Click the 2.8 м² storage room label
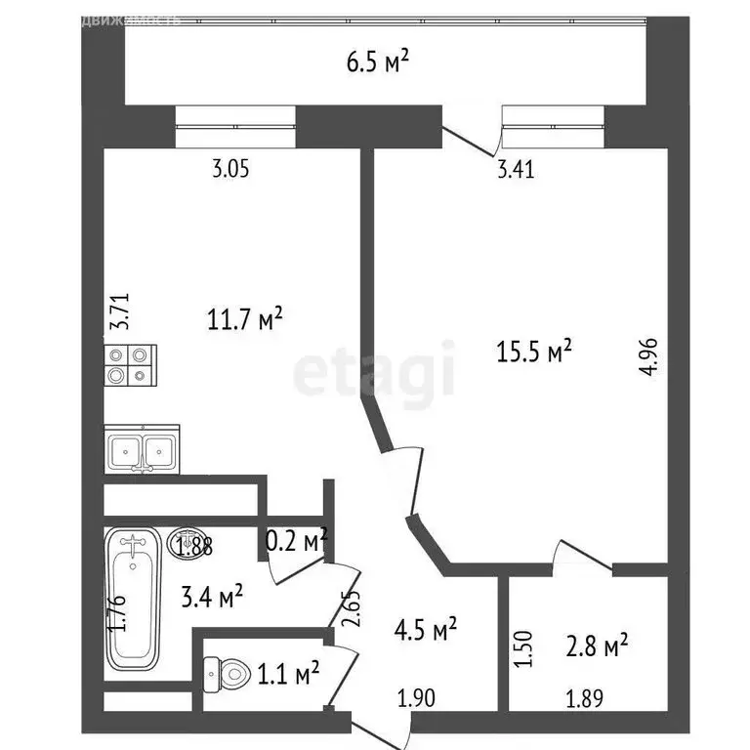(596, 646)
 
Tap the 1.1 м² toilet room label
(287, 673)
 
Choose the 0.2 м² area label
(297, 539)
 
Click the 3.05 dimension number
(231, 169)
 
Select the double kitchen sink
(143, 451)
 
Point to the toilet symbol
(226, 672)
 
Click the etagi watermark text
(376, 371)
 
